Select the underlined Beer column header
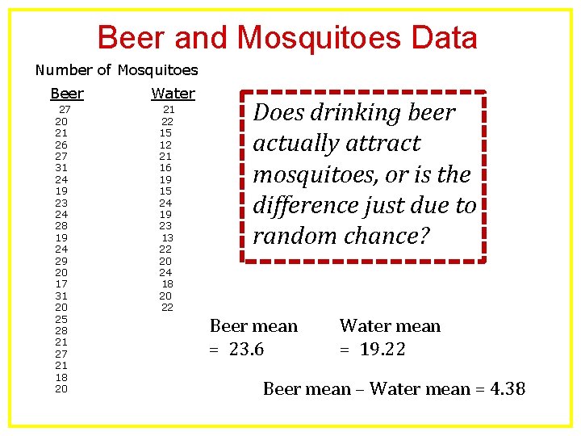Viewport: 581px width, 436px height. [67, 94]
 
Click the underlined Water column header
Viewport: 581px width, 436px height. [173, 94]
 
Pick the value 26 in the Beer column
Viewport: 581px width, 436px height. [61, 145]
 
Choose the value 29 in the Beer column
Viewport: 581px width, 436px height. [61, 261]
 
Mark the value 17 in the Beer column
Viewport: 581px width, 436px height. [61, 284]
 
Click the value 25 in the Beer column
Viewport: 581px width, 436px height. [61, 319]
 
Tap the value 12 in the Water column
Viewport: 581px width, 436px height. [165, 145]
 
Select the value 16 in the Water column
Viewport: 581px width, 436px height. [165, 168]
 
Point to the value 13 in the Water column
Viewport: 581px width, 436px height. [167, 237]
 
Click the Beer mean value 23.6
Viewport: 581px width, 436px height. [246, 350]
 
